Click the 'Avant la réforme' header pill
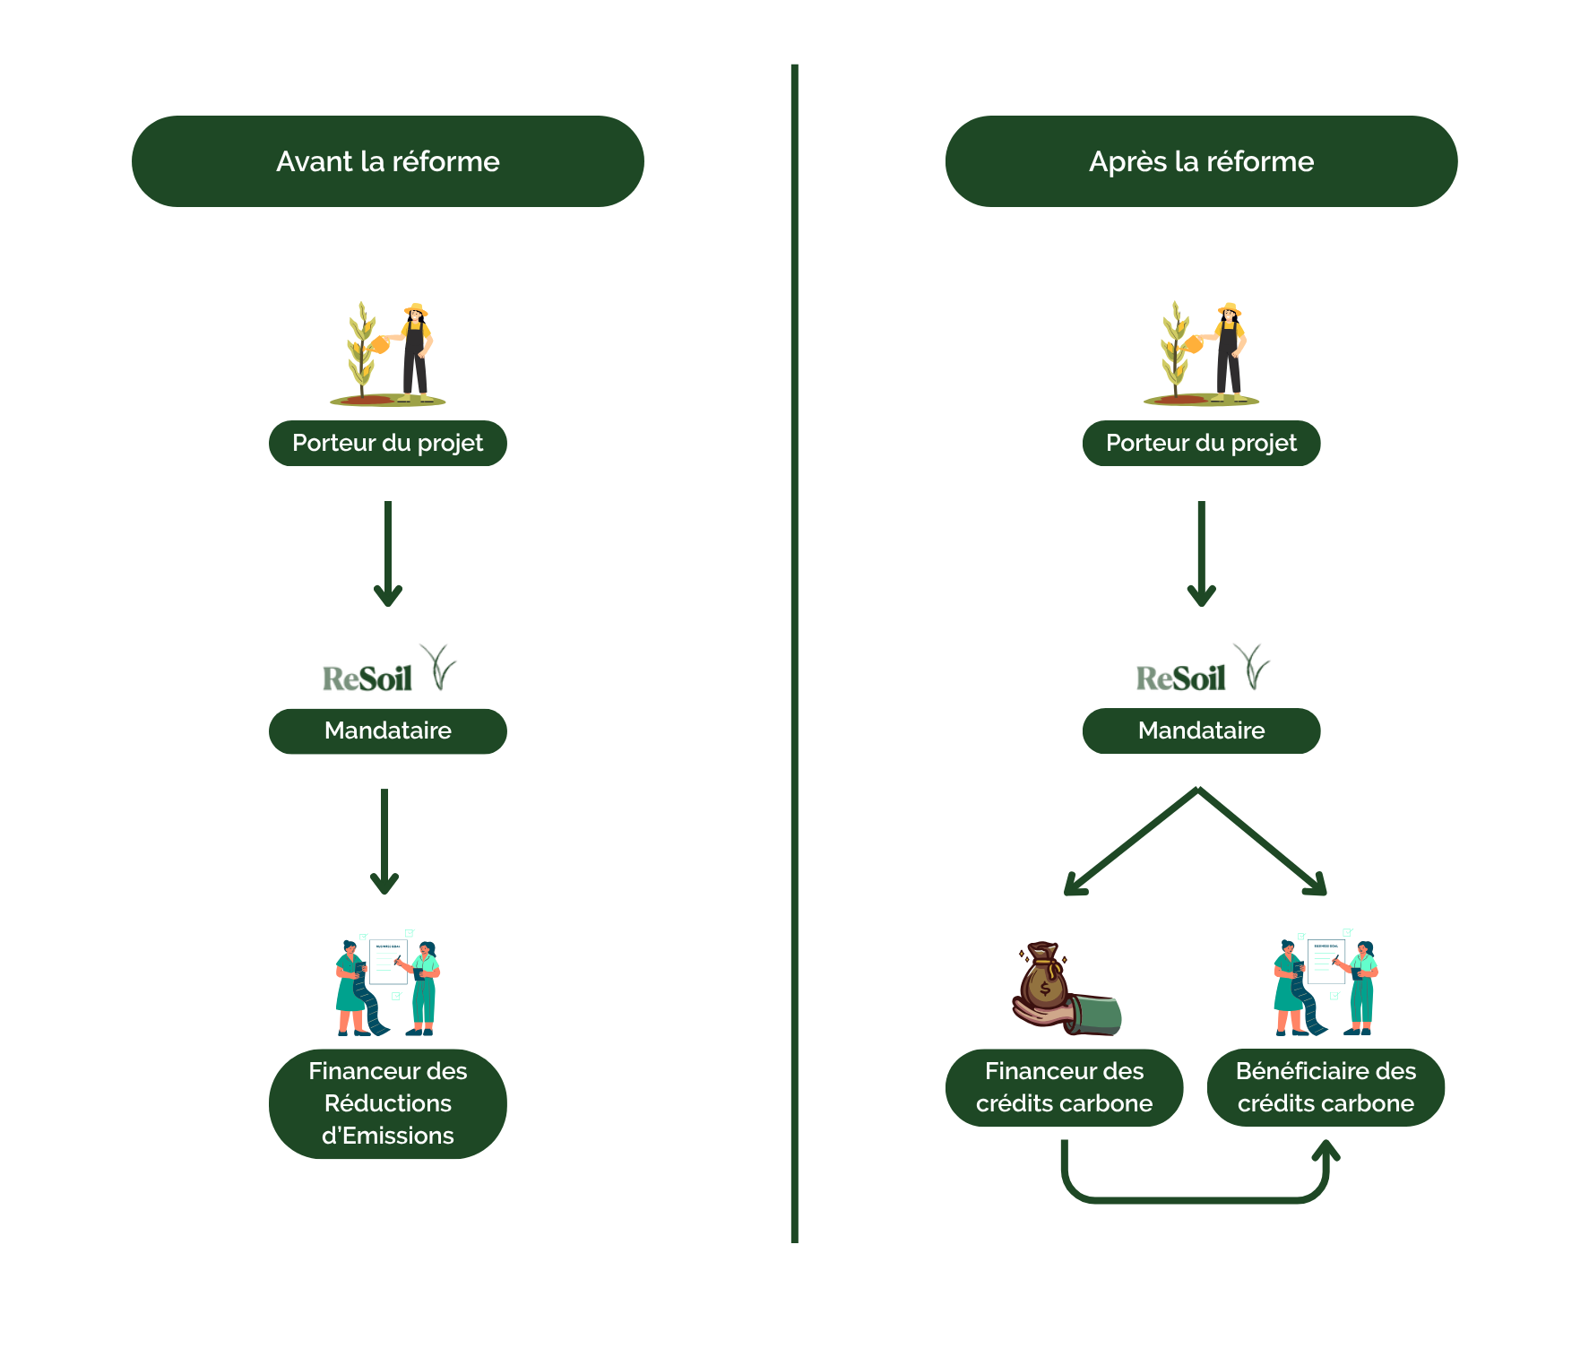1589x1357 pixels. (387, 161)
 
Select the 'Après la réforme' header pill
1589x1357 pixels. (1201, 161)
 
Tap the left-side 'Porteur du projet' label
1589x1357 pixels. (387, 443)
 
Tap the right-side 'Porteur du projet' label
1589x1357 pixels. (1201, 443)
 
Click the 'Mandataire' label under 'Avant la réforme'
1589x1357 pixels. (387, 730)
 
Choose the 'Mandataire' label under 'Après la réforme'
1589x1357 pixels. (1201, 730)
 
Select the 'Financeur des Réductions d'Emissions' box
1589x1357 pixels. (387, 1103)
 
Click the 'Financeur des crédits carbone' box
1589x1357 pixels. (1064, 1087)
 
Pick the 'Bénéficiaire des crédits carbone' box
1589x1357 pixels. (1326, 1087)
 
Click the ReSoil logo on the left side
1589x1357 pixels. (387, 670)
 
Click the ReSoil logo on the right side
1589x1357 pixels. (1201, 670)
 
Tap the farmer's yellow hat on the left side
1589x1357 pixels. (416, 309)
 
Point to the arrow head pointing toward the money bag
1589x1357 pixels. (1074, 886)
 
